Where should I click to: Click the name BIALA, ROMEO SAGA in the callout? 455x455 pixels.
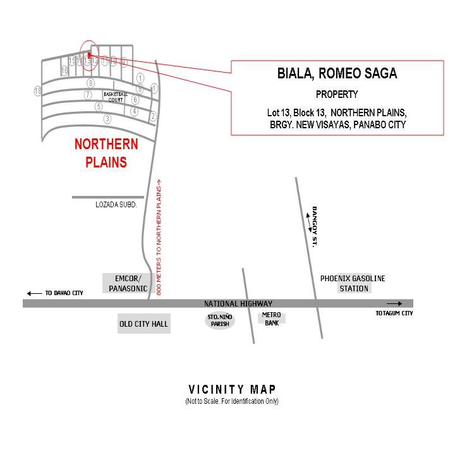point(337,73)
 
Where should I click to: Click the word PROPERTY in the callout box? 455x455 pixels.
point(337,95)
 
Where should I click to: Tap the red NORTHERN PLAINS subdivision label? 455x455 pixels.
point(106,153)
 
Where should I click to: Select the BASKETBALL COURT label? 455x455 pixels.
point(116,97)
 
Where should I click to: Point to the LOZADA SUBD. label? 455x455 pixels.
point(116,205)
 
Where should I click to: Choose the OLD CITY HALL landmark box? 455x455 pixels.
point(144,324)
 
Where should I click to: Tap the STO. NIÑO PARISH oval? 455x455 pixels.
point(220,320)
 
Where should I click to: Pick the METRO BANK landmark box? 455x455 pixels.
point(272,319)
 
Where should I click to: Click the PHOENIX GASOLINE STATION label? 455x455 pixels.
point(353,283)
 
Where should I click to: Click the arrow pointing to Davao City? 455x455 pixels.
point(33,293)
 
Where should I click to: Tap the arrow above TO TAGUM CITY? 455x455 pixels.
point(394,304)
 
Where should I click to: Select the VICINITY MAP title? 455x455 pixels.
point(232,389)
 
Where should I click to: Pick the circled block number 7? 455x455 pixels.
point(88,95)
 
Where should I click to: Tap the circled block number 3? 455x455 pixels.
point(107,119)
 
